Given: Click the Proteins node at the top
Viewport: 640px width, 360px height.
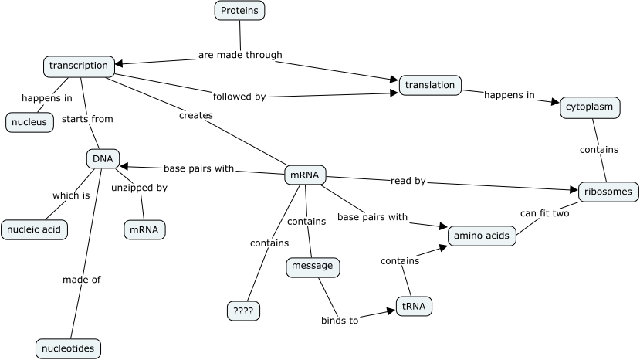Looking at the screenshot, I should point(239,10).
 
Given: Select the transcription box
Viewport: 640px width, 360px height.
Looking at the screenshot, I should point(79,66).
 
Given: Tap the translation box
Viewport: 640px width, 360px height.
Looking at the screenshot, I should point(430,85).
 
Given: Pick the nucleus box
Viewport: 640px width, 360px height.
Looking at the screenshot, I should point(29,122).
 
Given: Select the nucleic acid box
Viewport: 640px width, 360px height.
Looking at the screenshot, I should point(34,229).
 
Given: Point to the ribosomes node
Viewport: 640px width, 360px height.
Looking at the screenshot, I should point(606,192).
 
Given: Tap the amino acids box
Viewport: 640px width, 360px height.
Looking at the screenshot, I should point(482,236).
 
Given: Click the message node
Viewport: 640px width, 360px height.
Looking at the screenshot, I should point(313,267).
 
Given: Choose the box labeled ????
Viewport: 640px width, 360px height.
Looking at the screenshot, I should point(243,311).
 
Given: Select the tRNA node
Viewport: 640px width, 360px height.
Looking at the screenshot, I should point(414,307).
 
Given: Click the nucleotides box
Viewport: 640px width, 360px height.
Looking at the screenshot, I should point(68,349).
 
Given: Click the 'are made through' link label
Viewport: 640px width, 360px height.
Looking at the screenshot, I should point(240,55).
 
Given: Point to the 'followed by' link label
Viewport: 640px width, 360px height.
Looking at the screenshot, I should point(239,97).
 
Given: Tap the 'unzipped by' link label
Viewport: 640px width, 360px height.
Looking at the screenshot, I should point(139,188).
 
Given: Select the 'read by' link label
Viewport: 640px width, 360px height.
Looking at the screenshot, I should point(409,182).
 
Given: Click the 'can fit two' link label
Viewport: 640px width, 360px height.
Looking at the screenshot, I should point(544,213).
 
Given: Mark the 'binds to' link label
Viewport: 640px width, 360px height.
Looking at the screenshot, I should point(340,321).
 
